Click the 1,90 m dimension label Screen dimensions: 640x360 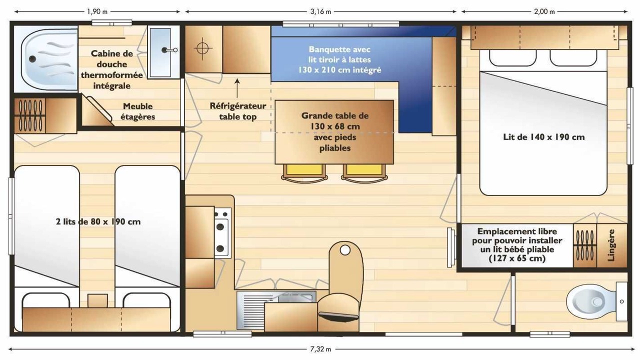[97, 11]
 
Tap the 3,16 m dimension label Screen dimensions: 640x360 [320, 11]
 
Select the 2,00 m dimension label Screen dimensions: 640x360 [544, 11]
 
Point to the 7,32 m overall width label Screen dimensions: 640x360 [320, 349]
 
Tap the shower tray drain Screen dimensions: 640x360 [32, 59]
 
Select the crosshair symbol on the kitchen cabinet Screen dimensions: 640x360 [202, 48]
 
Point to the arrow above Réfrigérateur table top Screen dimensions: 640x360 [237, 88]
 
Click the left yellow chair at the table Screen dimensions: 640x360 [304, 172]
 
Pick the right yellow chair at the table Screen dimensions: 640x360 [364, 172]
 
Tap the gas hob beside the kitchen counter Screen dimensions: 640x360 [222, 233]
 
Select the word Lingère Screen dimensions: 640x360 [610, 245]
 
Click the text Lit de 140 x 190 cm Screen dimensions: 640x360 [543, 137]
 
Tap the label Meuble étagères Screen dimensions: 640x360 [137, 111]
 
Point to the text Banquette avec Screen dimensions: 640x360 [339, 49]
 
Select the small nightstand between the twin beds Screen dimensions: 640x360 [97, 300]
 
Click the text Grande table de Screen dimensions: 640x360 [335, 115]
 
